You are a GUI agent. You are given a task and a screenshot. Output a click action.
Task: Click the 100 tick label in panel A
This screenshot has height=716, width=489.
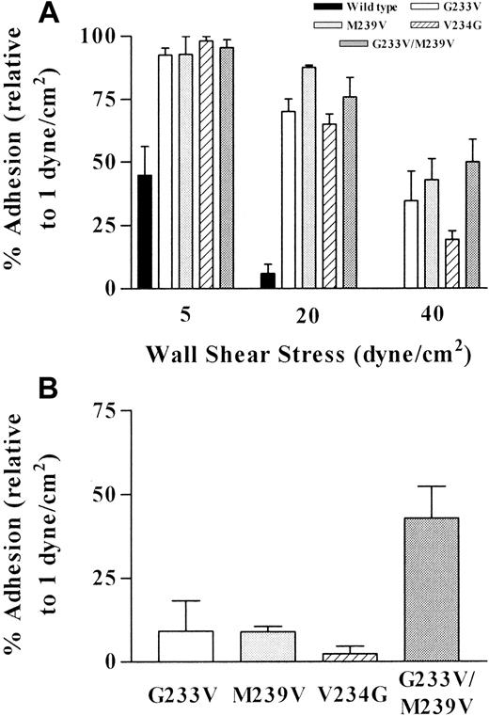point(100,36)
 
